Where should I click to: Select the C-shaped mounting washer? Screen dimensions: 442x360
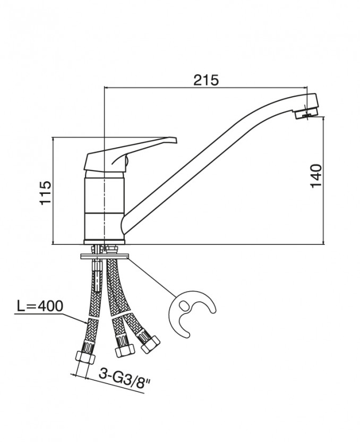pos(191,313)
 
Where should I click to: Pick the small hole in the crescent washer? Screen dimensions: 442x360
pos(183,305)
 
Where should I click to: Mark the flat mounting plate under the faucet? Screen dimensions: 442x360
pos(104,256)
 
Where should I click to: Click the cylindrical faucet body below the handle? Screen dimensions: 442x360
pos(105,207)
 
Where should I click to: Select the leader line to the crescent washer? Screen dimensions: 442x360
pos(154,276)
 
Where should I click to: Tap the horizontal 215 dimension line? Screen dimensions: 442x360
pos(159,88)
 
